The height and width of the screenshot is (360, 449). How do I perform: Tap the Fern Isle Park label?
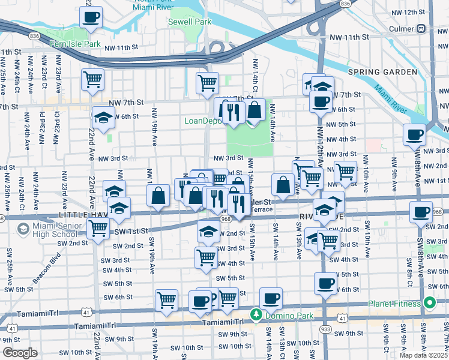coord(76,44)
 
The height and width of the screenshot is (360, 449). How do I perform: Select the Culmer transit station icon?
coord(422,28)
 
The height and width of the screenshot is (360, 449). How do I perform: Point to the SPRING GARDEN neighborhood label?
coord(382,72)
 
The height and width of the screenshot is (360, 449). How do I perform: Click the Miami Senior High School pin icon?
coord(23,228)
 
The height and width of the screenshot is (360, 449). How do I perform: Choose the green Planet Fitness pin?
coord(429,303)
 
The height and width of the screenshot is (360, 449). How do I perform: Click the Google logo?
coord(20,353)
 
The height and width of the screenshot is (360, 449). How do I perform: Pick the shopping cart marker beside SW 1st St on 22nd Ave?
coord(98,228)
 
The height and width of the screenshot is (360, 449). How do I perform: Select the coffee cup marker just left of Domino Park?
coord(200,301)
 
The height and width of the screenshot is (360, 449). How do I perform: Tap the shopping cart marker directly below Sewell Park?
coord(207,82)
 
